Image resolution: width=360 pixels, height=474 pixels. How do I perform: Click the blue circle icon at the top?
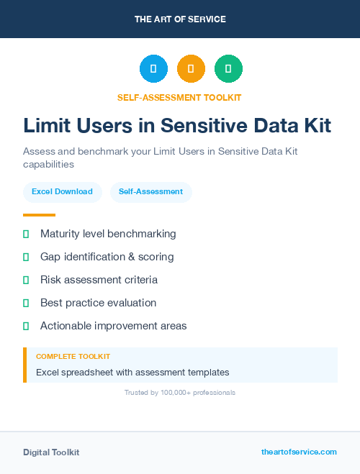[153, 68]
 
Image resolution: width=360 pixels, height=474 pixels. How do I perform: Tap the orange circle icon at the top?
[191, 68]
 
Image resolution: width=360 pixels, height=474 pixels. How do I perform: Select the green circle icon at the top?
[228, 68]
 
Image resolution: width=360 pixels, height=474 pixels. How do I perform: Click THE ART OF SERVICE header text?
[180, 19]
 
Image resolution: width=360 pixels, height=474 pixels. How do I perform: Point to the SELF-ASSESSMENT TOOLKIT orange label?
[179, 97]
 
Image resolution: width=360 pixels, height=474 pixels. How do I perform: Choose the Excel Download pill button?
[62, 192]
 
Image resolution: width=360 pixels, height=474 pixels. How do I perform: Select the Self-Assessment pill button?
[150, 192]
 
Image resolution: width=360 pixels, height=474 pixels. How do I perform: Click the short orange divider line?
[39, 215]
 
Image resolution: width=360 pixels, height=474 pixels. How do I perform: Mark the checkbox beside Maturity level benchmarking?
[26, 234]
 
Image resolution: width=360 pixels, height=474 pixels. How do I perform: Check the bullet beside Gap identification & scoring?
[26, 257]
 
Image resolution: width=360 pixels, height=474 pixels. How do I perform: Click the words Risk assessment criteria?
[99, 280]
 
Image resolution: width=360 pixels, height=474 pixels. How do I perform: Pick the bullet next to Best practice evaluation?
[26, 303]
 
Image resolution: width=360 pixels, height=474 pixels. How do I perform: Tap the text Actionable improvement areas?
[113, 326]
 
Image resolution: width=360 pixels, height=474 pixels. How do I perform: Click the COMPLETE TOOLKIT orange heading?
[73, 357]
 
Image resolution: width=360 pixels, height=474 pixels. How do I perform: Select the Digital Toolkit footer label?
[51, 452]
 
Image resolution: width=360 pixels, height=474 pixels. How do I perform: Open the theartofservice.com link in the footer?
[299, 452]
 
